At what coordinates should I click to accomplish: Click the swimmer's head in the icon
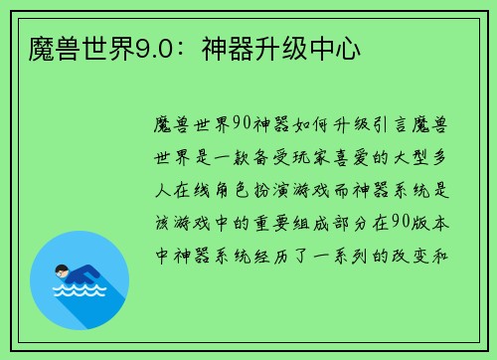(62, 269)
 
